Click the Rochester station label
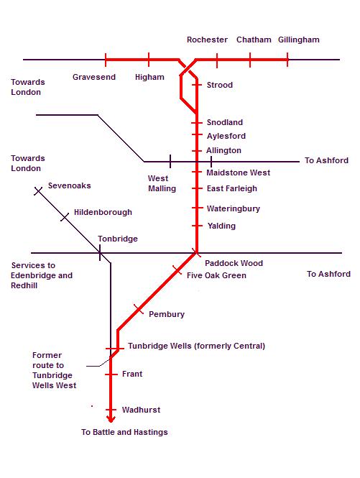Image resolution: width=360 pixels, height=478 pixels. pyautogui.click(x=207, y=40)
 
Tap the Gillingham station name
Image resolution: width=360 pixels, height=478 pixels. pyautogui.click(x=298, y=40)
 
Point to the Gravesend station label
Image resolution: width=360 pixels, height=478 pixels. pyautogui.click(x=94, y=77)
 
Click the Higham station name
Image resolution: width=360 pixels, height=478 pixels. pyautogui.click(x=149, y=77)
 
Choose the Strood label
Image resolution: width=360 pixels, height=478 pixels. pyautogui.click(x=220, y=85)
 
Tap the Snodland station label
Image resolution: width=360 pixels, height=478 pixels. pyautogui.click(x=225, y=123)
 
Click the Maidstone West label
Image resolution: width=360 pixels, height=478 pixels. pyautogui.click(x=238, y=173)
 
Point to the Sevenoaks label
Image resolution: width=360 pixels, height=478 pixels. pyautogui.click(x=70, y=185)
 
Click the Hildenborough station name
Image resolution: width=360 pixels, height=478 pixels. pyautogui.click(x=103, y=213)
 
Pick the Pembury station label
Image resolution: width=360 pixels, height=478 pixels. pyautogui.click(x=167, y=314)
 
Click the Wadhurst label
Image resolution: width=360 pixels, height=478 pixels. pyautogui.click(x=142, y=410)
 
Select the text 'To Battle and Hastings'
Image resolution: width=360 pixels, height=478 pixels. pyautogui.click(x=124, y=432)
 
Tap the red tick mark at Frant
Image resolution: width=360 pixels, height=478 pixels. pyautogui.click(x=111, y=374)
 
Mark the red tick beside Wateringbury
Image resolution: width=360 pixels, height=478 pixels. pyautogui.click(x=196, y=208)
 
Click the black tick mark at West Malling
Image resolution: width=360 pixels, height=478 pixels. pyautogui.click(x=170, y=161)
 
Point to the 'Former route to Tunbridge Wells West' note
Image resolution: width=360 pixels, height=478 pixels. pyautogui.click(x=55, y=370)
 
